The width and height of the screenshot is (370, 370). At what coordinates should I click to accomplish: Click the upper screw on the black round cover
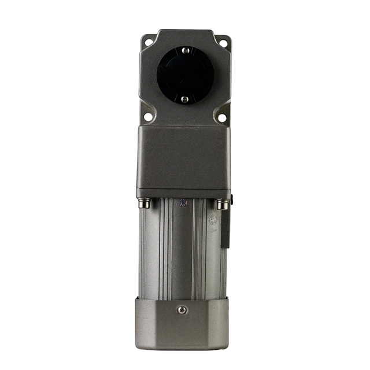[x=184, y=51]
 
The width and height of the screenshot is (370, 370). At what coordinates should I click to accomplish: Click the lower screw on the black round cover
[x=184, y=99]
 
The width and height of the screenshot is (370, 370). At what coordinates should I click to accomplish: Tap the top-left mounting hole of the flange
[x=149, y=42]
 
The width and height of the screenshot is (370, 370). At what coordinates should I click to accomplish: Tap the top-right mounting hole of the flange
[x=223, y=42]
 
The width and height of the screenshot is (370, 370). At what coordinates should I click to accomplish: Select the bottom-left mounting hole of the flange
[x=148, y=117]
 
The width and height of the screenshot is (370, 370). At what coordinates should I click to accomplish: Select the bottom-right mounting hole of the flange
[x=222, y=117]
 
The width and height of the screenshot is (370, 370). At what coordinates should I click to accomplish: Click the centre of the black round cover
[x=185, y=75]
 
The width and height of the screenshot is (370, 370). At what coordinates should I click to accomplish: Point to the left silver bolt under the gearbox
[x=145, y=203]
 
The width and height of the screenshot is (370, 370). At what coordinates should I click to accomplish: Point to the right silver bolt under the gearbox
[x=221, y=204]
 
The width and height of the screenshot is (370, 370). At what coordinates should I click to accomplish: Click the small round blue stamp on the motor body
[x=183, y=203]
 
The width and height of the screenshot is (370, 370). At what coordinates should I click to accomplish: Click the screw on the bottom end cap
[x=182, y=310]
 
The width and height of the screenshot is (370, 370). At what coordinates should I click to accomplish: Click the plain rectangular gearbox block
[x=183, y=160]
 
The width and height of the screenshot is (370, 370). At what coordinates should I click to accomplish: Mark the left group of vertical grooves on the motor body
[x=164, y=249]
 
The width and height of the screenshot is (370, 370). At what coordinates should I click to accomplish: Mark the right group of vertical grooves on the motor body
[x=200, y=249]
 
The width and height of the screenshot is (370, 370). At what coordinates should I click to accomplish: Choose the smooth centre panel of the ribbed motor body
[x=182, y=249]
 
